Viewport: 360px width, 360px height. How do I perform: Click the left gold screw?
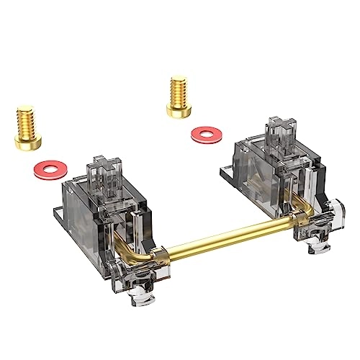click(25, 127)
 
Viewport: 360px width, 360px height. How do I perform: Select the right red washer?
click(207, 134)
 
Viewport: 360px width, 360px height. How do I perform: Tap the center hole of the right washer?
click(207, 134)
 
